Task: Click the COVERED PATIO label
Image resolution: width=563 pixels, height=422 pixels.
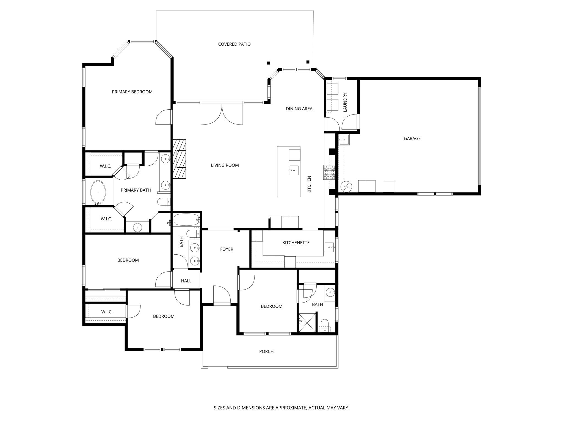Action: tap(234, 44)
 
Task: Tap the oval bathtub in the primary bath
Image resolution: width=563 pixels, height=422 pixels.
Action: tap(98, 192)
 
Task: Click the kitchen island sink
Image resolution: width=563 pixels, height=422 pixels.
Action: tap(294, 170)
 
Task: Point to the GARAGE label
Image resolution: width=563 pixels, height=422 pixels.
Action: tap(412, 138)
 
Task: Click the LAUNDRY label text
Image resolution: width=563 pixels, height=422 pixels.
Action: tap(345, 102)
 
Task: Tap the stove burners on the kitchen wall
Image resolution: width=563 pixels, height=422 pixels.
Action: tap(329, 173)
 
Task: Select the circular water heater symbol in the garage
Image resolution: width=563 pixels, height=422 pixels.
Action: tap(346, 187)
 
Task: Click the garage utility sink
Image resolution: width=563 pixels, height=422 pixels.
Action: tap(344, 140)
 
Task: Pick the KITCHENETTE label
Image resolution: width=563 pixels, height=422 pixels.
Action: tap(296, 243)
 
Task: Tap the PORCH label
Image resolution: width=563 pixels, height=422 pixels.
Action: tap(266, 351)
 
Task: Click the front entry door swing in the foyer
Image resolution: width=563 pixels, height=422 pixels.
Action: tap(222, 295)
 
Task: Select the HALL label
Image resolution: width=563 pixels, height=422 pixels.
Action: tap(186, 281)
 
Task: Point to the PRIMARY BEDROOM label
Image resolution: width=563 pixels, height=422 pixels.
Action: tap(132, 92)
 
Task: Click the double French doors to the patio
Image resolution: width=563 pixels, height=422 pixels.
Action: tap(222, 114)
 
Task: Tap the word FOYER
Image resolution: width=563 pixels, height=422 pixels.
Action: tap(227, 249)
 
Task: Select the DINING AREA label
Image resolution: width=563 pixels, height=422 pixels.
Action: tap(299, 109)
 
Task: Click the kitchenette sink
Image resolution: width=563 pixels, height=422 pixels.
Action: tap(329, 247)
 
